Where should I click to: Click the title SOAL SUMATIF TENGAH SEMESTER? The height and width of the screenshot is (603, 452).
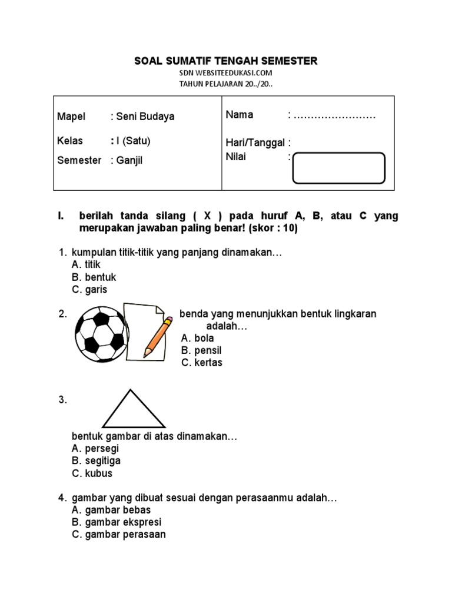[226, 61]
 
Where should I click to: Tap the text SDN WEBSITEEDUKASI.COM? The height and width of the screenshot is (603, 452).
[226, 73]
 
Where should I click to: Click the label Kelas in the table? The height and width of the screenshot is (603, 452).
[70, 141]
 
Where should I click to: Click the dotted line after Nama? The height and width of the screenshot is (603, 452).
[334, 115]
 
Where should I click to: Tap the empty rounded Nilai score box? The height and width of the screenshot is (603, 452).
[338, 168]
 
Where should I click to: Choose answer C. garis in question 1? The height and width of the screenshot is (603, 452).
[89, 290]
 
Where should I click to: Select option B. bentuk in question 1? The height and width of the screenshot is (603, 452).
[94, 277]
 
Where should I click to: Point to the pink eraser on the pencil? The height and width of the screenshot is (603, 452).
[168, 322]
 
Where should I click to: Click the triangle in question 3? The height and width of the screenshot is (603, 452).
[134, 410]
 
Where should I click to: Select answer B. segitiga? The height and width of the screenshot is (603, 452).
[96, 461]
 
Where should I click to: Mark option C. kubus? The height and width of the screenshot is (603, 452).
[92, 473]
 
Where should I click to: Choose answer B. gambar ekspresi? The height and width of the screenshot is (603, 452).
[117, 522]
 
